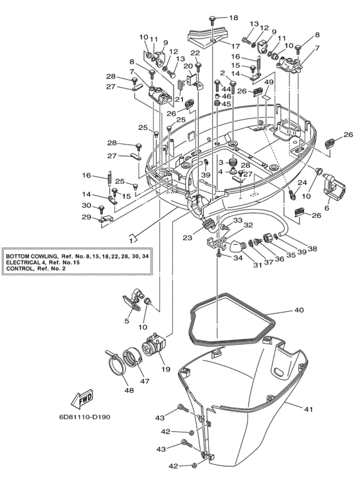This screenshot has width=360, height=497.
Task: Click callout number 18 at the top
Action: (233, 17)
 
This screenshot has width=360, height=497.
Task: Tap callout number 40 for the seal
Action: (298, 311)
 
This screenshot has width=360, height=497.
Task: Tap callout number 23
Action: (187, 237)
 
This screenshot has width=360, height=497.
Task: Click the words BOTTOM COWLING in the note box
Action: (32, 256)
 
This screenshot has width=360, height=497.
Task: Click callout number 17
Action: (235, 46)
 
